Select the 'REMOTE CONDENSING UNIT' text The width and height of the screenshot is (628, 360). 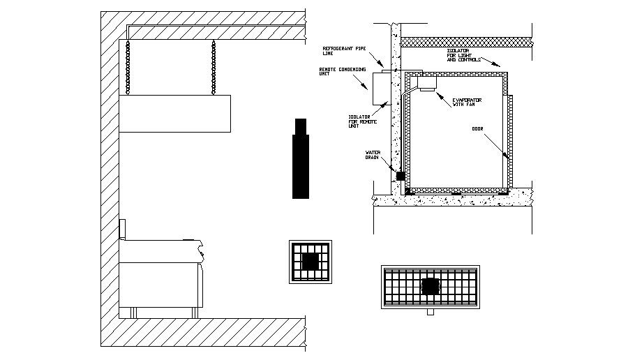(336, 72)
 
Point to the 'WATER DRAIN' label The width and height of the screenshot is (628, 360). (373, 155)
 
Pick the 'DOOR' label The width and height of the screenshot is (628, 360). (478, 128)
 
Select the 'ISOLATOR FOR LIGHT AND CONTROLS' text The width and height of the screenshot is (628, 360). (463, 55)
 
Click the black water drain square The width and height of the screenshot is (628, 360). (401, 176)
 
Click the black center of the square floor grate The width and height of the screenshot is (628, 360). (311, 262)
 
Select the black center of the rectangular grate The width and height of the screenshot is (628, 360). (431, 286)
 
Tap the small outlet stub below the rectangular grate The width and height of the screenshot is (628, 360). (430, 312)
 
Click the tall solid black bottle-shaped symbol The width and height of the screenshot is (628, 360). (301, 159)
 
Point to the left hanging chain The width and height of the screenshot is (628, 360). (128, 67)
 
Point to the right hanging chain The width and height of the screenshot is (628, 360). (214, 67)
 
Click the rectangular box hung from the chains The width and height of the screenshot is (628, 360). (174, 114)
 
